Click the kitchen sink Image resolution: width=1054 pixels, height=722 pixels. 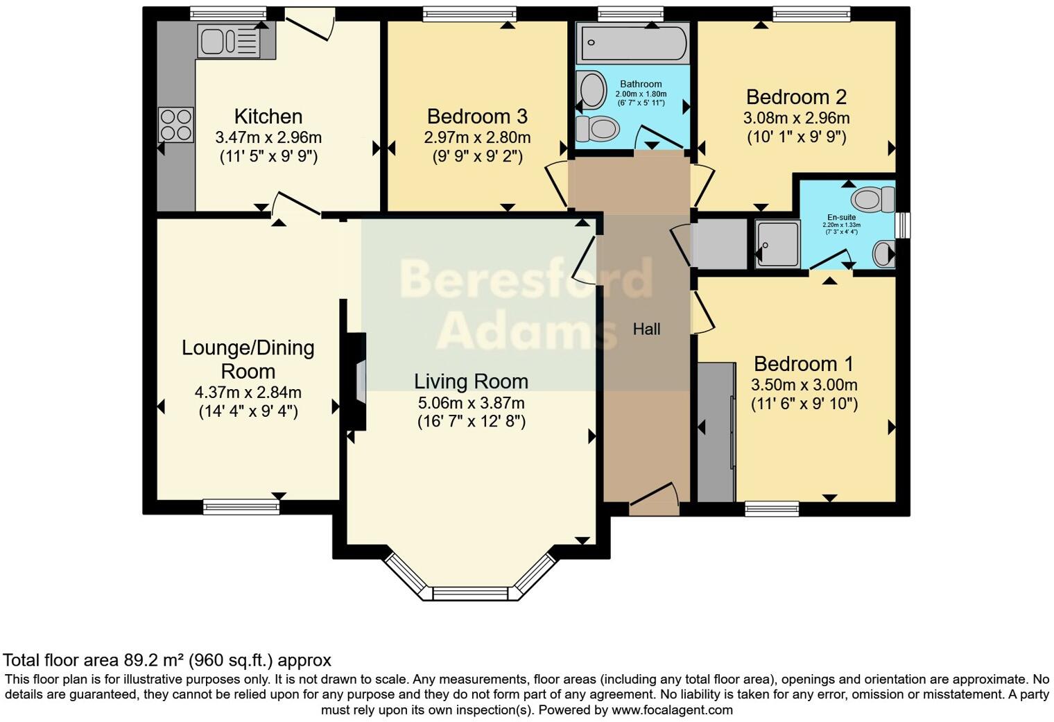point(228,40)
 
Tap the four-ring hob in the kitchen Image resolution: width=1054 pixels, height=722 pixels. point(175,125)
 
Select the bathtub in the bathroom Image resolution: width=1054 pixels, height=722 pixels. point(632,42)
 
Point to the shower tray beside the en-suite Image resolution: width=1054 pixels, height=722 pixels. point(777,244)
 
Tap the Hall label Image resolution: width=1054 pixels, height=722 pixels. point(646,329)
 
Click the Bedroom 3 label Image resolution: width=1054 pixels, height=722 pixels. point(477,116)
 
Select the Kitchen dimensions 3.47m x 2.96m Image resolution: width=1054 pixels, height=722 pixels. point(268,137)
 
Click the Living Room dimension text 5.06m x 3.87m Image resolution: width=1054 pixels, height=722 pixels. point(471,403)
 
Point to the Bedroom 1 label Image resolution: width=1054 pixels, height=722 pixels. point(804,364)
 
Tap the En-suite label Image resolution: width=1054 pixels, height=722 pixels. point(841,217)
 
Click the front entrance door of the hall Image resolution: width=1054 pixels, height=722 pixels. point(654,501)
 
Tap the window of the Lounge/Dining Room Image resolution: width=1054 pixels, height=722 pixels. point(241,508)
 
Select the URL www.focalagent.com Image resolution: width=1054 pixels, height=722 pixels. point(671,710)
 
